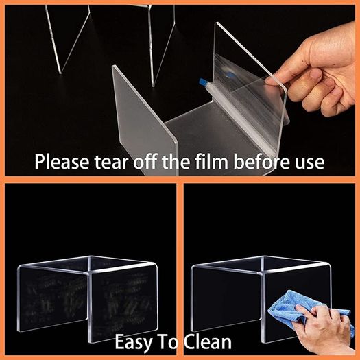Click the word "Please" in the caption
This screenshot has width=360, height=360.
pos(62,162)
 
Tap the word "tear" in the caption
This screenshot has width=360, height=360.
pos(111,162)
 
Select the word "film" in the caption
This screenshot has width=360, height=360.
pos(212,161)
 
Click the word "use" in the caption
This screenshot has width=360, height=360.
pos(309,163)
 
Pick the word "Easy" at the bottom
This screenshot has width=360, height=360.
pos(133,342)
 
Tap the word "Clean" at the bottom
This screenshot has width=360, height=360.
pos(208,342)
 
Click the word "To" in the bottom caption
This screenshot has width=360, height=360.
pos(167,342)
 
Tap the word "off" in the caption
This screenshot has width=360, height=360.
pos(145,161)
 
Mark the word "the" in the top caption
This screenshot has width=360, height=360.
pos(176,161)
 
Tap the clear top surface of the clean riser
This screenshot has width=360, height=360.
pos(262,264)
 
